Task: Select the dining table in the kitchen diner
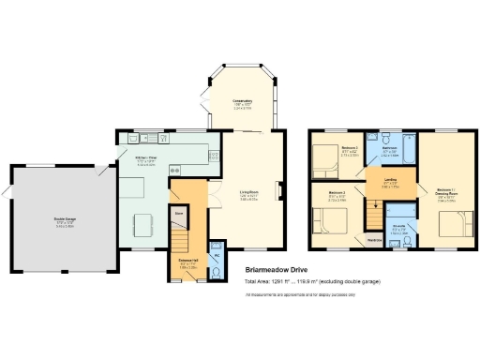pos(142,226)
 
